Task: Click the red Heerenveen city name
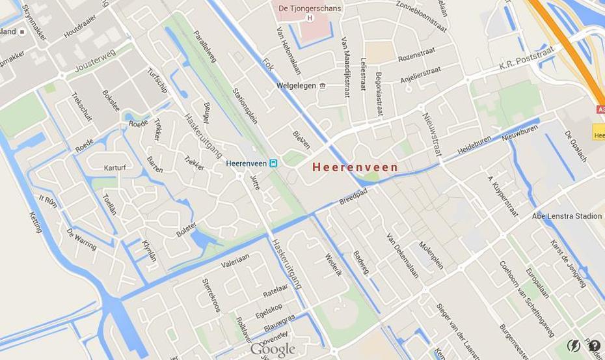click(x=355, y=167)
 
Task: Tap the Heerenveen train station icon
click(x=273, y=163)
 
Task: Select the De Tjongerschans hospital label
click(x=310, y=8)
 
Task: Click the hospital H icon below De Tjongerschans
click(x=310, y=18)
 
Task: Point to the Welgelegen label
click(x=296, y=85)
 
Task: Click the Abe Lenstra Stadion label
click(x=567, y=216)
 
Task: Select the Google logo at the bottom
click(x=273, y=350)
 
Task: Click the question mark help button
click(x=594, y=346)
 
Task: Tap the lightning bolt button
click(x=574, y=346)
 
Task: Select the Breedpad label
click(x=353, y=196)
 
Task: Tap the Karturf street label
click(x=114, y=167)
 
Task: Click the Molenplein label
click(x=431, y=256)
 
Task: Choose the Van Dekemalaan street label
click(x=403, y=255)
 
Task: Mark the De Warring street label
click(x=81, y=239)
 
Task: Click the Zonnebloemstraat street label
click(x=421, y=16)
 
